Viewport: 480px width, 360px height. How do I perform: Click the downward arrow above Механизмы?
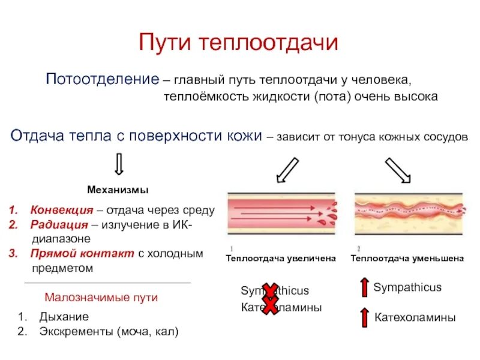(x=118, y=163)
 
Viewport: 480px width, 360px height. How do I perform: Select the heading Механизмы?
(x=118, y=190)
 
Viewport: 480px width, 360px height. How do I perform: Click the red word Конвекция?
(x=62, y=211)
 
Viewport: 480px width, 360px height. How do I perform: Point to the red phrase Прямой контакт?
(x=82, y=253)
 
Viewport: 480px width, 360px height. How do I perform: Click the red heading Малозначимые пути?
(x=101, y=298)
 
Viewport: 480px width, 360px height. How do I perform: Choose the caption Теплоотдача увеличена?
(x=280, y=258)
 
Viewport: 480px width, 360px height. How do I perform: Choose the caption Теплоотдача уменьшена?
(x=407, y=258)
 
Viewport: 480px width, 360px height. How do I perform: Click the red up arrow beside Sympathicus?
(x=364, y=288)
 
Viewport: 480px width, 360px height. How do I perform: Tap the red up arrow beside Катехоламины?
(x=364, y=317)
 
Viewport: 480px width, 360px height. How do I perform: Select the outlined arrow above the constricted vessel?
(x=398, y=170)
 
